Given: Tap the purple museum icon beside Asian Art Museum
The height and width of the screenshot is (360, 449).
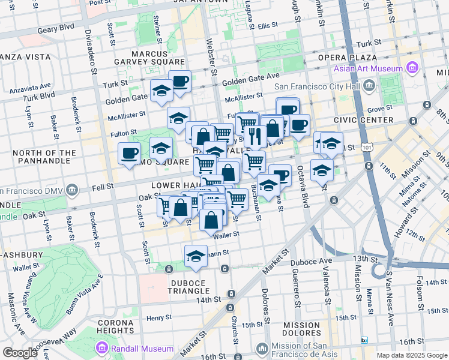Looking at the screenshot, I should (412, 67).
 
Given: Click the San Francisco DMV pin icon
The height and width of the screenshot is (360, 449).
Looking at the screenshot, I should (72, 190).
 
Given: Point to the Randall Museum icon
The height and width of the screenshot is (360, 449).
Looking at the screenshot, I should (102, 348).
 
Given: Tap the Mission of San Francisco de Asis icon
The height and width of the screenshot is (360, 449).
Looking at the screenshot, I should (262, 349).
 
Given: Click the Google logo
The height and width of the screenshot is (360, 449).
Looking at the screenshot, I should (20, 353).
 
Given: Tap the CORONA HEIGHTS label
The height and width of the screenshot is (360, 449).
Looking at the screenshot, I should (107, 327).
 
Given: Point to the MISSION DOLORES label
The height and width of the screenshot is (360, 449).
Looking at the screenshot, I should (302, 330).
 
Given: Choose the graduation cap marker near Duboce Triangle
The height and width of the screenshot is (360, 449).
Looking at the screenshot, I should (196, 256).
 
